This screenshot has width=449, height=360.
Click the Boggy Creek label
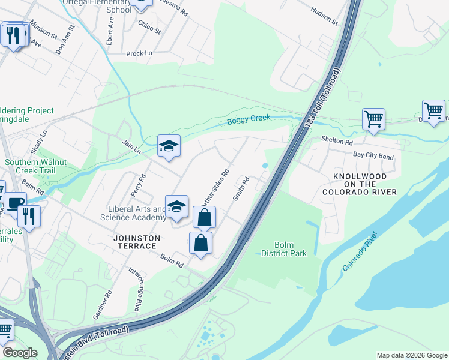pyautogui.click(x=249, y=121)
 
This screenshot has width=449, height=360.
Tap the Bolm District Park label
pyautogui.click(x=284, y=249)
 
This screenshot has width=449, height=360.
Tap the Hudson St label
pyautogui.click(x=325, y=16)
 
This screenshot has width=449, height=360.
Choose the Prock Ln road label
pyautogui.click(x=139, y=53)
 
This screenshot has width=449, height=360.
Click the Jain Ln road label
pyautogui.click(x=131, y=146)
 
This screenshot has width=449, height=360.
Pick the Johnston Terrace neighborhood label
pyautogui.click(x=137, y=238)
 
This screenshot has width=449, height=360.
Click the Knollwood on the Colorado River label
pyautogui.click(x=359, y=184)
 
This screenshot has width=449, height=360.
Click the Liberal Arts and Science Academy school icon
pyautogui.click(x=176, y=206)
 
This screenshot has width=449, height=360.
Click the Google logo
pyautogui.click(x=20, y=353)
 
